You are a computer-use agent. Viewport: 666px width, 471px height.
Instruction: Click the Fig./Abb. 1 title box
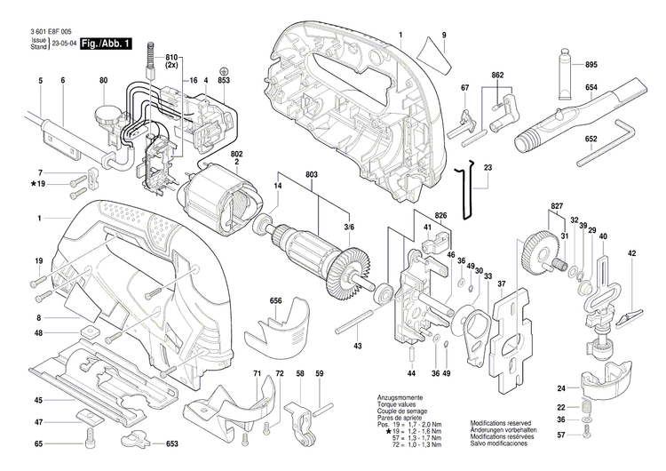click(106, 43)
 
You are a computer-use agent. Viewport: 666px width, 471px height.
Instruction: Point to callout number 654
click(591, 87)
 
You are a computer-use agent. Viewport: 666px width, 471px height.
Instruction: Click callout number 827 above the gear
click(556, 206)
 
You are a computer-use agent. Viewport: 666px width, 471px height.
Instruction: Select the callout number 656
click(276, 301)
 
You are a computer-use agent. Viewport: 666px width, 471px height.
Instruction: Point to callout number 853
click(224, 81)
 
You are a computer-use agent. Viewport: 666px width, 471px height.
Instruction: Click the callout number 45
click(39, 400)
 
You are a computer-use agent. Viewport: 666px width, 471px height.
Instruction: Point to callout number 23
click(488, 167)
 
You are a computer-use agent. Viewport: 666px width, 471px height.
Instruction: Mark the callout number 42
click(631, 254)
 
